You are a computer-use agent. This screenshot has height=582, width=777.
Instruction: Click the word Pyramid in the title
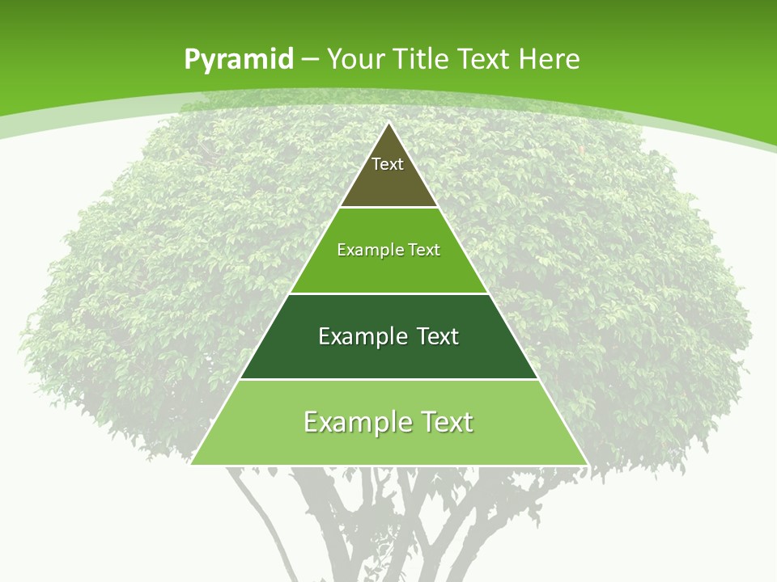point(237,60)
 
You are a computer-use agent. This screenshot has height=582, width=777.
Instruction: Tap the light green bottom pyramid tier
point(388,445)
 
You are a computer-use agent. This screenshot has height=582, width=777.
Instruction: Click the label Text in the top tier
point(388,164)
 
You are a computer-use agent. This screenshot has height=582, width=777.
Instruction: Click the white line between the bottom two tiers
point(388,379)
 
